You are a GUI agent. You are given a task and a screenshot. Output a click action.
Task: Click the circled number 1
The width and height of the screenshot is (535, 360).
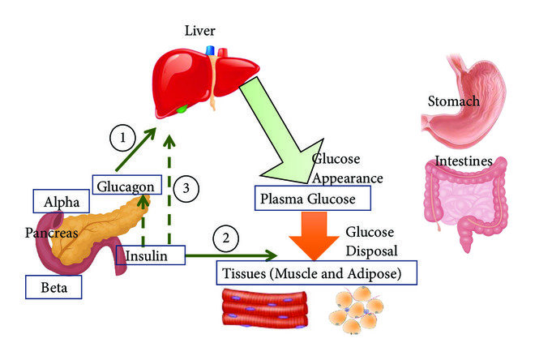point(122,139)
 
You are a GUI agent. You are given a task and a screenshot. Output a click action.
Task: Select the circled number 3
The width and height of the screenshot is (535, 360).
point(186,188)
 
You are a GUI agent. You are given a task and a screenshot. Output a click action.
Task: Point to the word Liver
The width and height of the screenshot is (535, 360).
point(200,31)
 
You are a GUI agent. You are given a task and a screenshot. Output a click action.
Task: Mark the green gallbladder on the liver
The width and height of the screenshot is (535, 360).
point(182,108)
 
